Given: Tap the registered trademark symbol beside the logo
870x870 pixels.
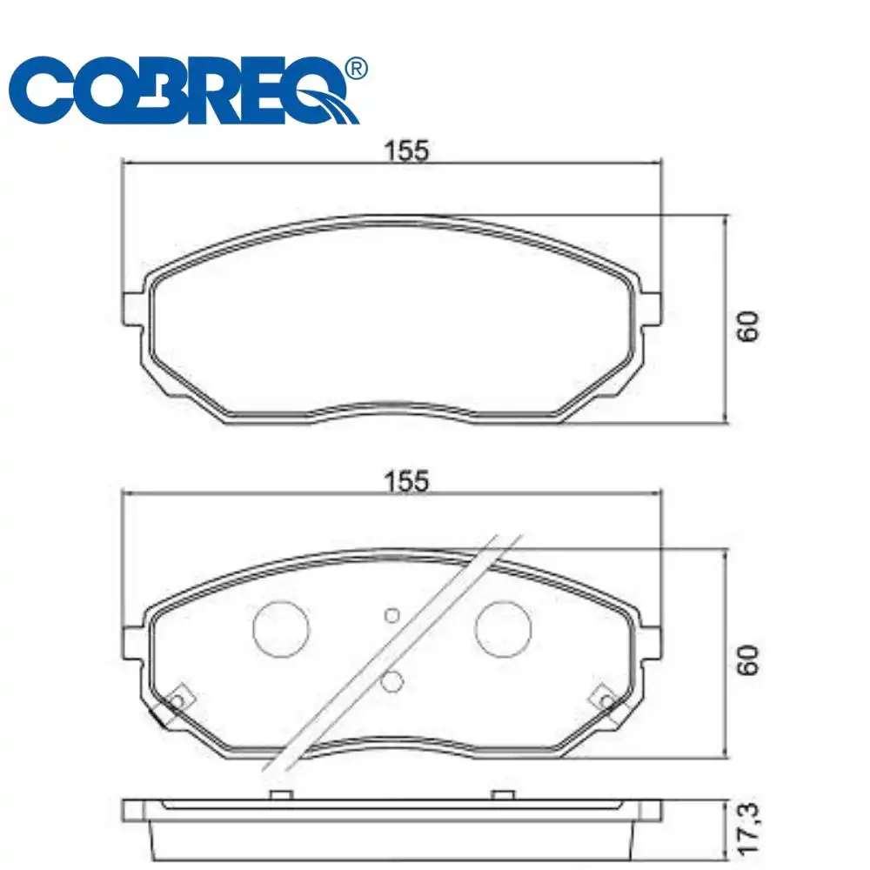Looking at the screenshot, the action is point(356,69).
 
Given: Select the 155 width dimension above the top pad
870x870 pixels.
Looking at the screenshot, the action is point(406,151).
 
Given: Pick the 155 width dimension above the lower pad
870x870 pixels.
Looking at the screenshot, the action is point(406,481).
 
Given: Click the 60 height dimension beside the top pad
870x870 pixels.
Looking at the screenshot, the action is point(748,326).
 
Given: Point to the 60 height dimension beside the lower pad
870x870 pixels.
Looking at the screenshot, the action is point(748,659).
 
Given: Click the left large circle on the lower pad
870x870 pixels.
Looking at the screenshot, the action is point(281,629).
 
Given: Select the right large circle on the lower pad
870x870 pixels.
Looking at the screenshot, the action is point(503,629).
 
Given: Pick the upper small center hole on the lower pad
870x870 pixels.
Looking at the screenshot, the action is point(392,615).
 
